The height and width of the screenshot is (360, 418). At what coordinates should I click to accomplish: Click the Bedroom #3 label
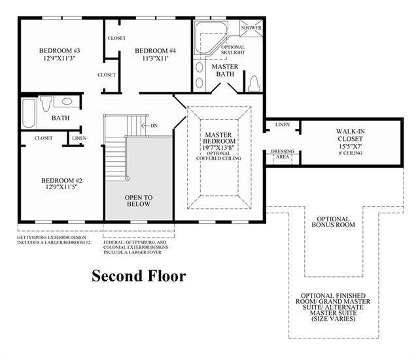(x=60, y=50)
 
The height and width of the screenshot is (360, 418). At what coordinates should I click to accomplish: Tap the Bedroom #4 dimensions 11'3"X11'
(x=155, y=58)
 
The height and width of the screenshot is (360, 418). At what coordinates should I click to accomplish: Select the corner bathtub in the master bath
(x=211, y=37)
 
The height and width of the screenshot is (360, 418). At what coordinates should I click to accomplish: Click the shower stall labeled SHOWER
(x=251, y=28)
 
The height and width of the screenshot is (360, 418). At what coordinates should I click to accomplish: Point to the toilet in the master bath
(x=254, y=84)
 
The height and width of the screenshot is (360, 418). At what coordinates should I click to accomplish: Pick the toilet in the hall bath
(x=46, y=103)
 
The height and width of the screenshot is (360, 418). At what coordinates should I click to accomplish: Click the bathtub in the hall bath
(x=29, y=113)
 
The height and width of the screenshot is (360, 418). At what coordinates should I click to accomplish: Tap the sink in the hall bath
(x=67, y=101)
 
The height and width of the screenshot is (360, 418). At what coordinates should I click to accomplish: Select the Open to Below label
(x=139, y=201)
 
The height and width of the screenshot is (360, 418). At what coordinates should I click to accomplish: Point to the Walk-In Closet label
(x=350, y=135)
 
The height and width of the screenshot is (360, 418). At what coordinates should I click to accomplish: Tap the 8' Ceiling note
(x=350, y=153)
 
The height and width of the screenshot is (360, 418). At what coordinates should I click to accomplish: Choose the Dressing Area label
(x=283, y=154)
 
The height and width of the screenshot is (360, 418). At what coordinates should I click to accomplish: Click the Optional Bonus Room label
(x=333, y=222)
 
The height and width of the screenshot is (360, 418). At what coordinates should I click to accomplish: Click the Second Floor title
(x=139, y=276)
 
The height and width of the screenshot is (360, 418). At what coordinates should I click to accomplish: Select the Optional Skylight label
(x=233, y=50)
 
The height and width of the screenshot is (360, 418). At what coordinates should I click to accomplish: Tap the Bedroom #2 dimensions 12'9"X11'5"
(x=61, y=187)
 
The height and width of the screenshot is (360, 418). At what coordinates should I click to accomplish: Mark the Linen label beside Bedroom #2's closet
(x=79, y=138)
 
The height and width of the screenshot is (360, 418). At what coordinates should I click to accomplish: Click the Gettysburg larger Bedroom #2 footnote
(x=54, y=240)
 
